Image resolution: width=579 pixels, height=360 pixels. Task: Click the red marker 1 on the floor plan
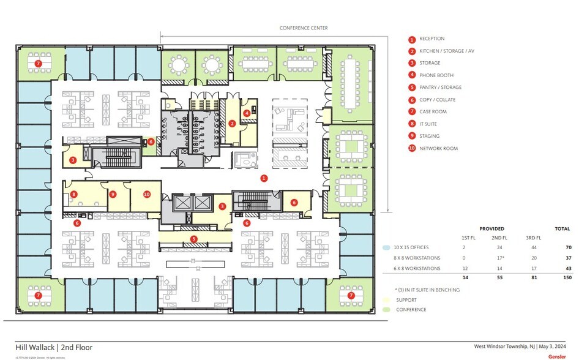tap(264, 178)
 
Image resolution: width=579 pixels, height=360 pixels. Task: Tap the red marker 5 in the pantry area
tap(194, 239)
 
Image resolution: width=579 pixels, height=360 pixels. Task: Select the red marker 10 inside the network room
tap(147, 194)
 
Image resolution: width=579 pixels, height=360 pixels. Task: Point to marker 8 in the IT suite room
tap(73, 195)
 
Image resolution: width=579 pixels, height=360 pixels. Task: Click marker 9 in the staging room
tap(113, 194)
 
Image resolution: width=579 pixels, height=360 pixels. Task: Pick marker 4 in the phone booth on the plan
tap(247, 113)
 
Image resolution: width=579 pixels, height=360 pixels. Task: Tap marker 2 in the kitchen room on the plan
tap(232, 123)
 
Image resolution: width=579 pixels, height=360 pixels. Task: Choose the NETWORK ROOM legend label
tap(438, 148)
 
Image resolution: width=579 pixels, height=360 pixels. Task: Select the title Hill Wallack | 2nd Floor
tap(54, 347)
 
